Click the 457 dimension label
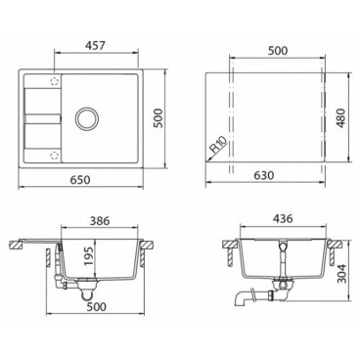pos(96,46)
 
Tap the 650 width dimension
pos(80,180)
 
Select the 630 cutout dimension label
pos(264,175)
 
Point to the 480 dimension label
pos(340,117)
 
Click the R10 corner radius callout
pos(218,145)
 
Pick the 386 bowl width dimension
pos(100,221)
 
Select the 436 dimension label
pos(283,218)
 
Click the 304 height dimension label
pos(341,273)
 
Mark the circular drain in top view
pos(86,117)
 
